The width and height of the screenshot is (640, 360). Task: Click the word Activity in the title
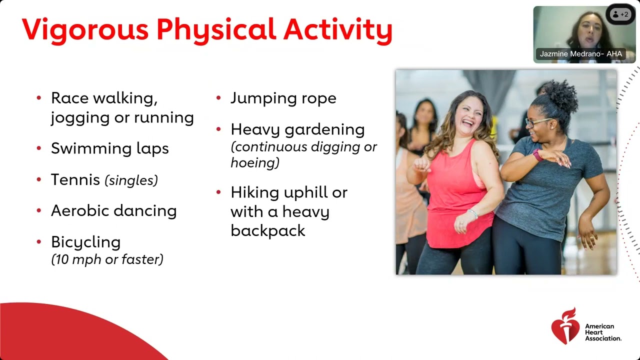[337, 30]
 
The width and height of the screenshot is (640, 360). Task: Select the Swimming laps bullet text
[109, 148]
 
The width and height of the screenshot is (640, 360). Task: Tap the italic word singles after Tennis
[131, 180]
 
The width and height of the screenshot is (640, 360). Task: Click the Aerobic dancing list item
[113, 211]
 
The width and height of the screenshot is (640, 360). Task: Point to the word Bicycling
[85, 242]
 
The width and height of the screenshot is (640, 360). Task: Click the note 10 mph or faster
[107, 259]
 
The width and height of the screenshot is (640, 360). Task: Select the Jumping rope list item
[283, 98]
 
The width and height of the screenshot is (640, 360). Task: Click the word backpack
[267, 230]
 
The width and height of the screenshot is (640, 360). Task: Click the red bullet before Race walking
[39, 98]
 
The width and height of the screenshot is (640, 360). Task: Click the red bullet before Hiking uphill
[218, 192]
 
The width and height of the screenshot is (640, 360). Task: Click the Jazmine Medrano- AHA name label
[580, 54]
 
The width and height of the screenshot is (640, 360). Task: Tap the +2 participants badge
[620, 14]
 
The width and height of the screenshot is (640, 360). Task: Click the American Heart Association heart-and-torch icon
[565, 326]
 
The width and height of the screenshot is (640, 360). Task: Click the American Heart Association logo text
[602, 332]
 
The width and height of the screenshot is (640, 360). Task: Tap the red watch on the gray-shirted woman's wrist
[537, 155]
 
